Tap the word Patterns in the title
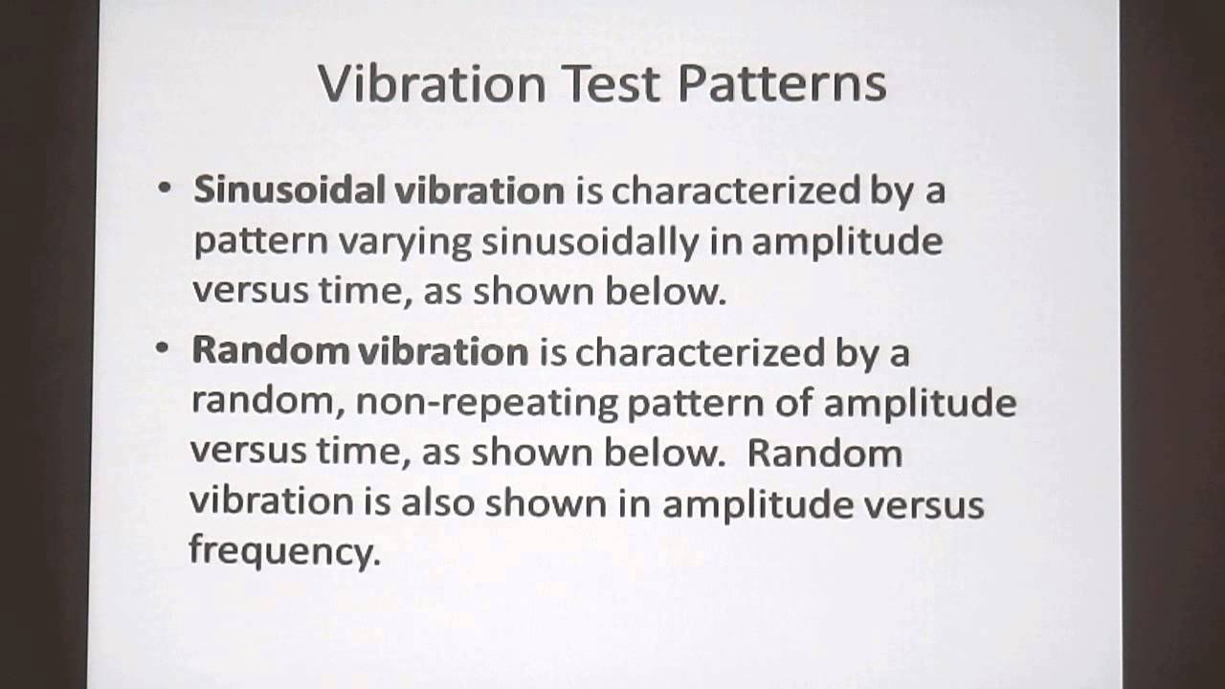coord(782,84)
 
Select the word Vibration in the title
coord(432,84)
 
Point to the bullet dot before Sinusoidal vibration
coord(165,189)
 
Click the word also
coord(437,502)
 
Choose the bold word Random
coord(270,351)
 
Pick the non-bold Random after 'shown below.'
coord(825,453)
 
